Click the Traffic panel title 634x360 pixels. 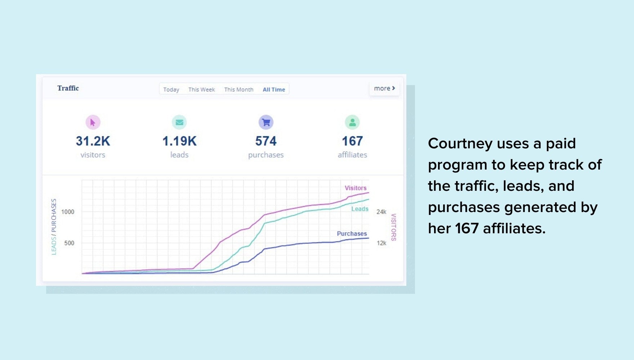coord(68,88)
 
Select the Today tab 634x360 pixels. coord(171,90)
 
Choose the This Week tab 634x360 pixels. coord(201,90)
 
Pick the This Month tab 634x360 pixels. coord(238,90)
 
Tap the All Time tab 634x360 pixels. coord(274,90)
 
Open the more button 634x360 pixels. coord(384,88)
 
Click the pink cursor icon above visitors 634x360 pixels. coord(93,122)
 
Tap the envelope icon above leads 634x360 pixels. coord(179,122)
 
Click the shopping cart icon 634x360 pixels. coord(266,122)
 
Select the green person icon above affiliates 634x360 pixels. coord(352,122)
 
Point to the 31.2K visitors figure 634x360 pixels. coord(93,141)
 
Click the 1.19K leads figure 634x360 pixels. coord(179,141)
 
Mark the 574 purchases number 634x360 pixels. coord(266,141)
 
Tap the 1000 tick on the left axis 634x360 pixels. coord(68,212)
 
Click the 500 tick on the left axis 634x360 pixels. coord(69,243)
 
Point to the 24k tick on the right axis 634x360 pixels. coord(381,212)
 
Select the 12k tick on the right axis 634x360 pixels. coord(381,243)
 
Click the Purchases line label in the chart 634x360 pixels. coord(352,234)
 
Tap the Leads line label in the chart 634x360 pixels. coord(360,209)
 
